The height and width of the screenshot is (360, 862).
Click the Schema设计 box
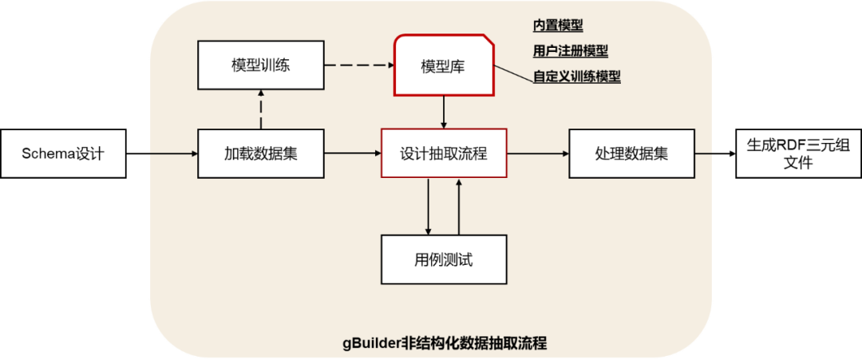pyautogui.click(x=63, y=152)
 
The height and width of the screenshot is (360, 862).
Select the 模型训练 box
pyautogui.click(x=260, y=65)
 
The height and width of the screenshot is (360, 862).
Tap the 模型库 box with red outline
pyautogui.click(x=443, y=66)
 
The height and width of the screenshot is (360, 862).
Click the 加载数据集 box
pyautogui.click(x=260, y=152)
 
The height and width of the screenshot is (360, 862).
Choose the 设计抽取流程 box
pyautogui.click(x=444, y=152)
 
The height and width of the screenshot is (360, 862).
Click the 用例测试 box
pyautogui.click(x=444, y=259)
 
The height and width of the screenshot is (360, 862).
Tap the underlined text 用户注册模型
pyautogui.click(x=570, y=51)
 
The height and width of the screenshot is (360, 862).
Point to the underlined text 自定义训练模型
pyautogui.click(x=576, y=77)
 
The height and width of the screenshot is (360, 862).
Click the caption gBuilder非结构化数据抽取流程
pyautogui.click(x=445, y=344)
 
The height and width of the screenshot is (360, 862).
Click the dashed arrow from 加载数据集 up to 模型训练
pyautogui.click(x=260, y=109)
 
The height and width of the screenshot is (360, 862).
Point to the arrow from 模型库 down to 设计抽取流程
pyautogui.click(x=444, y=112)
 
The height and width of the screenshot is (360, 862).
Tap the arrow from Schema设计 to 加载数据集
pyautogui.click(x=162, y=152)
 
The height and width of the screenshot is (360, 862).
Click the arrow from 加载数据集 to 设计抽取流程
pyautogui.click(x=352, y=152)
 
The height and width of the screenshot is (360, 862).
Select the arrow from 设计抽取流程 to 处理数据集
pyautogui.click(x=538, y=152)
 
